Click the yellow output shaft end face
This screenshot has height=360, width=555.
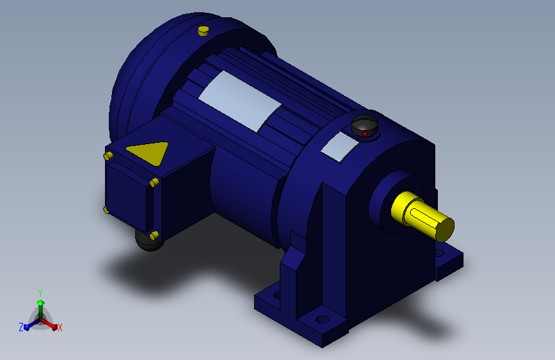(x=444, y=229)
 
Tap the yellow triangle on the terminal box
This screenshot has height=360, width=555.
(x=149, y=152)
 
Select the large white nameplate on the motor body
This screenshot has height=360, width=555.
(x=240, y=101)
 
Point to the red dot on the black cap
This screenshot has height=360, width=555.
(x=365, y=134)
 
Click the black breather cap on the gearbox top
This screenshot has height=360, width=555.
(x=365, y=126)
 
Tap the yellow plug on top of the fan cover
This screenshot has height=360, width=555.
(x=203, y=31)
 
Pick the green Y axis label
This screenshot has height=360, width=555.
(x=40, y=293)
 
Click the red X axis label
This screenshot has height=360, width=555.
(x=60, y=327)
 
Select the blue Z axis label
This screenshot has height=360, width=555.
(x=21, y=327)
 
